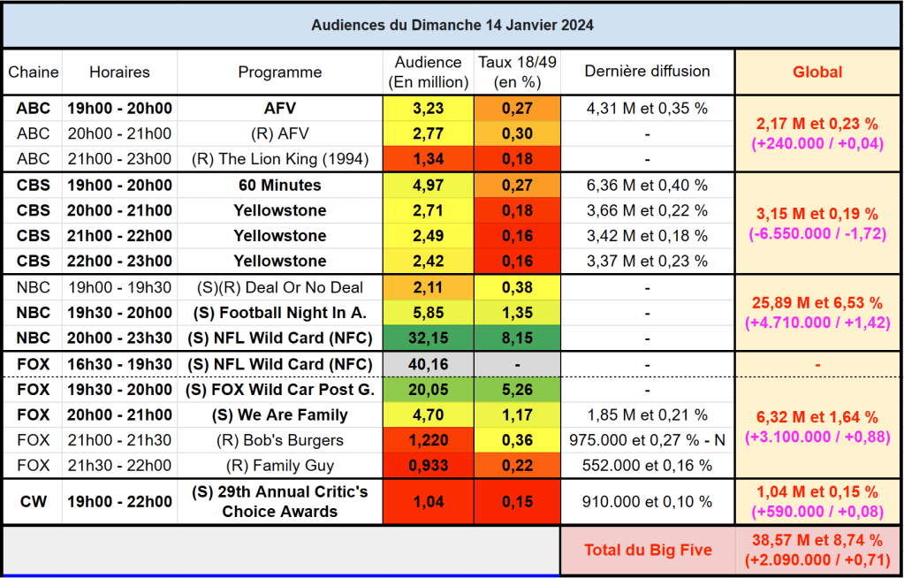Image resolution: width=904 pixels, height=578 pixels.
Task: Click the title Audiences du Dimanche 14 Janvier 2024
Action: click(452, 25)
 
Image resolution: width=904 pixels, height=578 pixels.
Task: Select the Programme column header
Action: click(279, 72)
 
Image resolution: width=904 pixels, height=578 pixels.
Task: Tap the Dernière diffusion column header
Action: click(647, 72)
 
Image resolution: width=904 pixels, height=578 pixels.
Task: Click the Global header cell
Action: click(817, 72)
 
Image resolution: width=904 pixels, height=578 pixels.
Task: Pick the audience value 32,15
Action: click(429, 338)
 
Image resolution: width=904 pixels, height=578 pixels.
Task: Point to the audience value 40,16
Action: click(429, 364)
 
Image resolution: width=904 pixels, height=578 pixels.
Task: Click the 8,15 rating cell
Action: click(517, 338)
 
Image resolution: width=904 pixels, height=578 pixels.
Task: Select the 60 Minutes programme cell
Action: click(279, 186)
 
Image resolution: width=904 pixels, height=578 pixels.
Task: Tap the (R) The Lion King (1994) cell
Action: click(279, 159)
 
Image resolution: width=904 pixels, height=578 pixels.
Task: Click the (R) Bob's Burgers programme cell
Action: click(279, 440)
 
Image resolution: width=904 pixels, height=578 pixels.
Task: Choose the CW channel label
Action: click(34, 502)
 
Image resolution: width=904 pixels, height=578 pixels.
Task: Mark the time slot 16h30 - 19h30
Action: click(118, 364)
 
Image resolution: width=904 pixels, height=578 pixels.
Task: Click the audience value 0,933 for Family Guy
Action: click(429, 466)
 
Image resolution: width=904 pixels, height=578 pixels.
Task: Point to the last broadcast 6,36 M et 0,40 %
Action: click(647, 186)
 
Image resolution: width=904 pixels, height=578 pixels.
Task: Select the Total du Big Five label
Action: click(647, 550)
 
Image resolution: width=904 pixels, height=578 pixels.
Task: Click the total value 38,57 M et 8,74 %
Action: click(817, 540)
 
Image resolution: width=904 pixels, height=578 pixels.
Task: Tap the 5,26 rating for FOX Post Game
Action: click(517, 390)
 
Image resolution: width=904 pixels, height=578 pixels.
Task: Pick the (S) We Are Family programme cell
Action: click(279, 414)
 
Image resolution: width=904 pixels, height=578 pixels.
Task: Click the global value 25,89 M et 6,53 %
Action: click(817, 303)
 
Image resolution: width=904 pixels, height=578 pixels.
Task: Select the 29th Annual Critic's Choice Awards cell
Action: click(279, 502)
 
